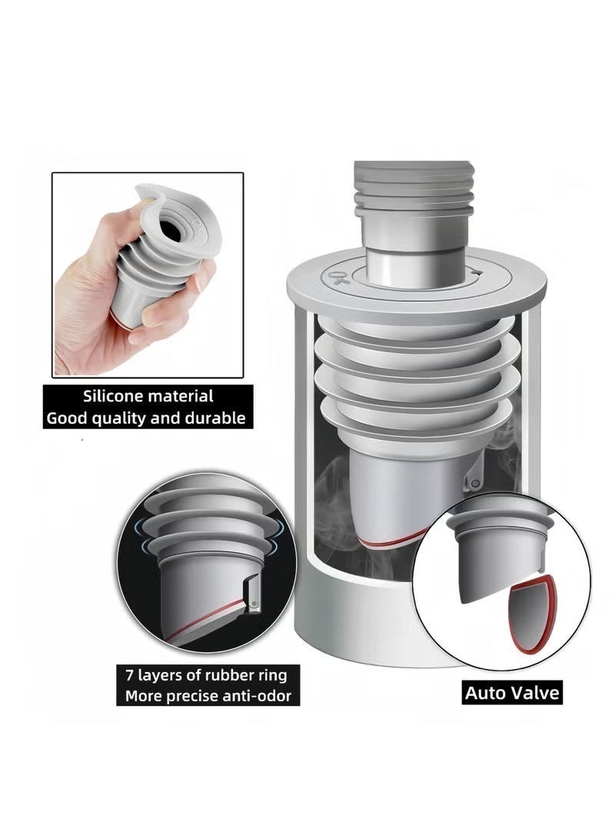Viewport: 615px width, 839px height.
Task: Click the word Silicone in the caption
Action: point(112,397)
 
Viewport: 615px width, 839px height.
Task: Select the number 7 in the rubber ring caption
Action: point(129,674)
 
